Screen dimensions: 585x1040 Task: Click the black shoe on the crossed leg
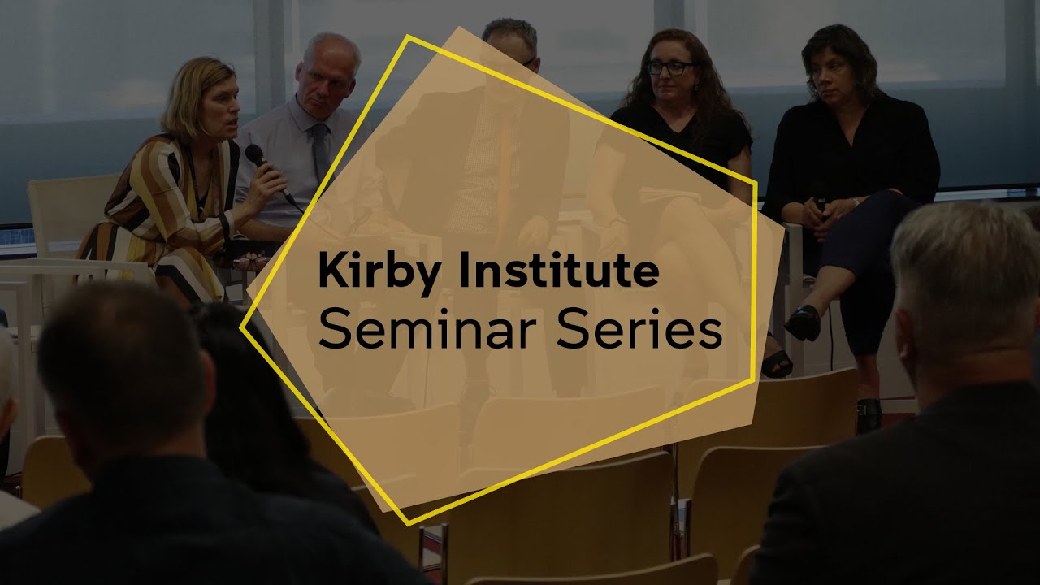pyautogui.click(x=803, y=323)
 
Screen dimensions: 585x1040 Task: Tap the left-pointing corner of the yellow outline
pyautogui.click(x=242, y=327)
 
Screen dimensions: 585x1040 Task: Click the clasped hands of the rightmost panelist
pyautogui.click(x=821, y=209)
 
